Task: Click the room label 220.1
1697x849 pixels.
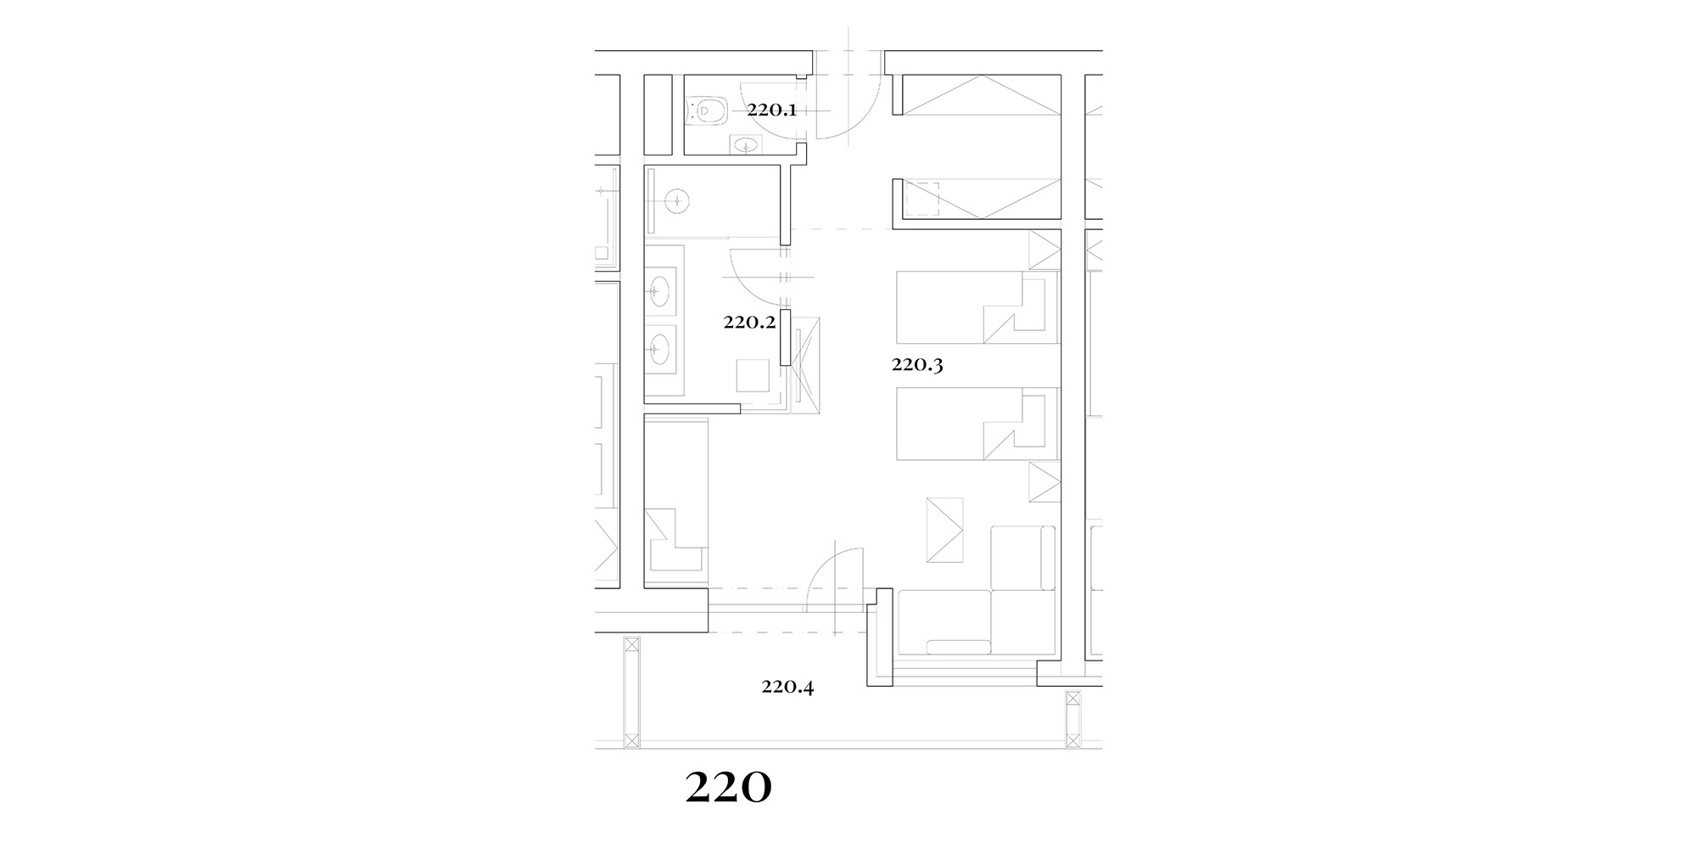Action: coord(771,110)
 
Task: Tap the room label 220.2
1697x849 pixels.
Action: coord(749,322)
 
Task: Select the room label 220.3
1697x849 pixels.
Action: coord(917,365)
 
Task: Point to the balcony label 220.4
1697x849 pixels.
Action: coord(787,687)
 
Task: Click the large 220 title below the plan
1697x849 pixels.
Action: coord(728,789)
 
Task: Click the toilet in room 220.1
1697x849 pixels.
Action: coord(707,109)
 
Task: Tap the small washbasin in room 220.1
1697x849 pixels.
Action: coord(747,145)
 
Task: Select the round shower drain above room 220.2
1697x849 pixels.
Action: coord(677,202)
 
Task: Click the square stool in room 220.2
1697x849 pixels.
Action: coord(753,375)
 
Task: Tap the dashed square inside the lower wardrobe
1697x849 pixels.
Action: coord(923,200)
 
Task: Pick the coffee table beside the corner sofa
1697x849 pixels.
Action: coord(945,530)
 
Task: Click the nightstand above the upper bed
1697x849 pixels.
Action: coord(1045,251)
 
